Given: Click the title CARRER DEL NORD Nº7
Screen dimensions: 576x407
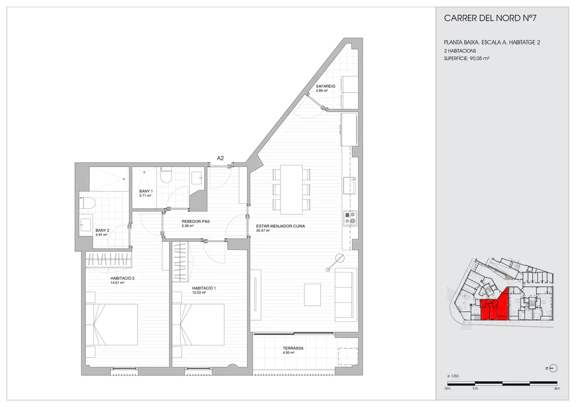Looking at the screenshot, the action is click(490, 18).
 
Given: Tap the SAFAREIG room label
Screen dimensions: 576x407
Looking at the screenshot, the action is click(326, 86).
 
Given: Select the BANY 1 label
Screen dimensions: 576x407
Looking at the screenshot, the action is click(146, 191).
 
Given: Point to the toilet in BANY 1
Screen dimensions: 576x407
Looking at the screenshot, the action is click(166, 175).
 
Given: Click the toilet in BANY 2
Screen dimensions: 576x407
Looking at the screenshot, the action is click(87, 203).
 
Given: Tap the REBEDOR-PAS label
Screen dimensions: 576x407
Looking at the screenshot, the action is click(196, 221).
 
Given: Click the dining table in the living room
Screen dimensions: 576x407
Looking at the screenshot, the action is click(291, 190).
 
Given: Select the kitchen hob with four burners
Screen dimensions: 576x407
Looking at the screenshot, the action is click(350, 219).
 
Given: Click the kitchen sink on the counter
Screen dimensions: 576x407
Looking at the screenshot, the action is click(349, 185).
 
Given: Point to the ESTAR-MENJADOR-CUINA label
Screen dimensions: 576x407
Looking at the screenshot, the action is click(280, 226).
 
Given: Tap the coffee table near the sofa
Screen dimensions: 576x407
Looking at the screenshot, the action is click(313, 295).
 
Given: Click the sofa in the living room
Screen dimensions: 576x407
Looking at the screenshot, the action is click(346, 295).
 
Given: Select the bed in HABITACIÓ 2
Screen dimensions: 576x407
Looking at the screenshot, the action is click(112, 324).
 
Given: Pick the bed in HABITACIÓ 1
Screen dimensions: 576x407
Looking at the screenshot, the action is click(198, 324).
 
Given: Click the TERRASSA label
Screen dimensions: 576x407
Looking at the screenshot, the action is click(293, 348).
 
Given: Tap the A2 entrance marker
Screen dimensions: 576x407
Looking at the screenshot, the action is click(221, 158).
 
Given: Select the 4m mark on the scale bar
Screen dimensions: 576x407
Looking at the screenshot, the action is click(557, 389).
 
